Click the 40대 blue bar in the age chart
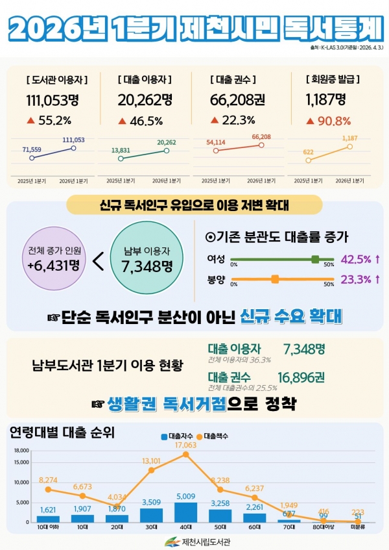tap(186, 512)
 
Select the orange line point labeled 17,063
tap(186, 455)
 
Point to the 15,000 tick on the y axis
tap(21, 462)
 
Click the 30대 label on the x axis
tap(151, 527)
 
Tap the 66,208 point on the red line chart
tap(261, 145)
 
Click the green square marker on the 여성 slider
tap(315, 259)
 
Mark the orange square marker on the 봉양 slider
tap(275, 279)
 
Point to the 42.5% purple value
tap(355, 260)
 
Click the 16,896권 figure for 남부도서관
tap(301, 377)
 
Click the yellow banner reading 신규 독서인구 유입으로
tap(194, 205)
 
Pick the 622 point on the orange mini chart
tap(309, 160)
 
